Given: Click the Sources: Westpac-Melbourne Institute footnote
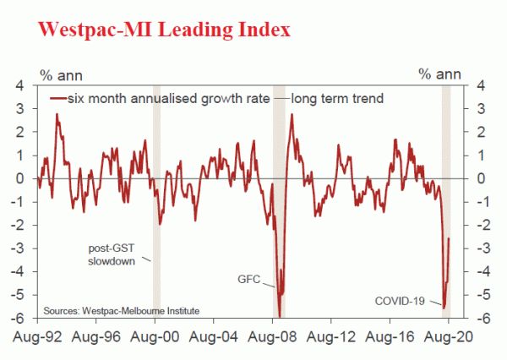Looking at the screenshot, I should pos(121,310).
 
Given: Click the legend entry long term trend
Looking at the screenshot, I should pos(337,98).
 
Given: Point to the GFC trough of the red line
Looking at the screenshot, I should pos(280,314).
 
